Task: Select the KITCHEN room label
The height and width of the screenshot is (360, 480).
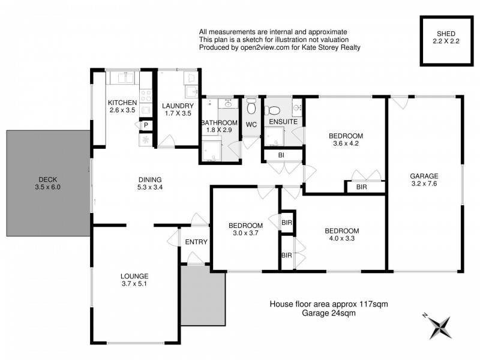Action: tap(123, 106)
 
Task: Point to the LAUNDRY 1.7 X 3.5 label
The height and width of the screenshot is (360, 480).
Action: tap(178, 110)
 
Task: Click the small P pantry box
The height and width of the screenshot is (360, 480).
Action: tap(145, 125)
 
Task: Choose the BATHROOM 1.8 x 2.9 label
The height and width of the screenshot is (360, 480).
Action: tap(219, 127)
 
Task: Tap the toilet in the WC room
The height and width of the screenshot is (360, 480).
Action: tap(252, 107)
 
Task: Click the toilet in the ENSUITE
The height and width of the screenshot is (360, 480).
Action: tap(273, 110)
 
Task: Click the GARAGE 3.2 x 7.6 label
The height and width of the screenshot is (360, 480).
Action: tap(424, 180)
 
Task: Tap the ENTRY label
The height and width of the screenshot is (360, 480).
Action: tap(196, 242)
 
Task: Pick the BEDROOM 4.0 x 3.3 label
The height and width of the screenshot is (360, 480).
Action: tap(341, 235)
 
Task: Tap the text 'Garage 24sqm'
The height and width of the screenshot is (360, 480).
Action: tap(328, 314)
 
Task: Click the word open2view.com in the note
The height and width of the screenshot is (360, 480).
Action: tap(260, 47)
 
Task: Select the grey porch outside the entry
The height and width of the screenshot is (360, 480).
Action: tap(203, 295)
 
